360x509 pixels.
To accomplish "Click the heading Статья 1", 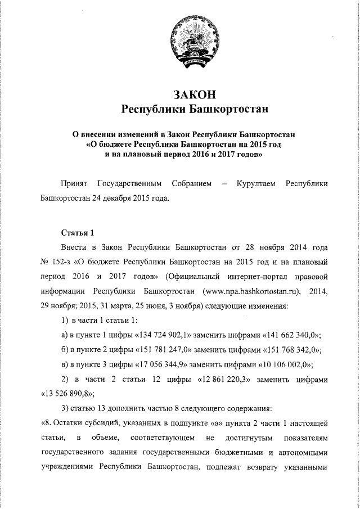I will pyautogui.click(x=75, y=232).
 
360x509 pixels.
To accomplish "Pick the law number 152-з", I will pyautogui.click(x=64, y=262).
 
